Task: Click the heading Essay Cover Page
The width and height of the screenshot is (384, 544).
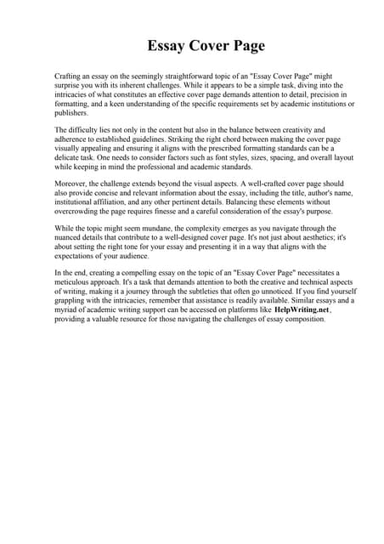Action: pyautogui.click(x=192, y=46)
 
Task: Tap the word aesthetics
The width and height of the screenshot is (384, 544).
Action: pyautogui.click(x=310, y=239)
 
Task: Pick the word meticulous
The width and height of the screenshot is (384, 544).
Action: pyautogui.click(x=74, y=284)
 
